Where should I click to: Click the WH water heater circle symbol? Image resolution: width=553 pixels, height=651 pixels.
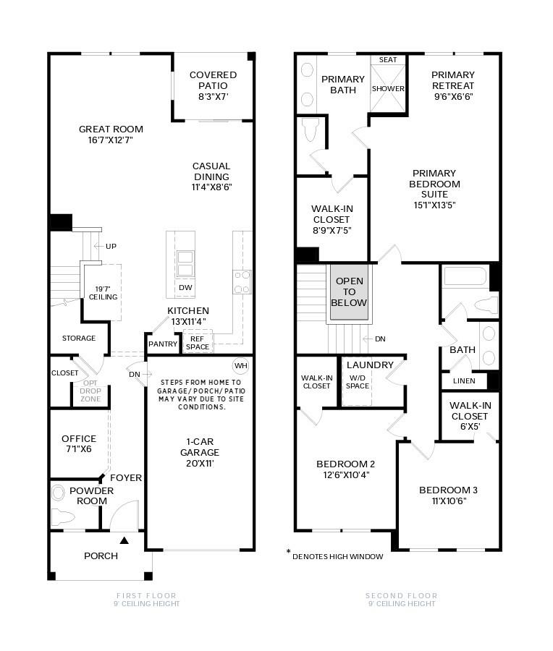240,365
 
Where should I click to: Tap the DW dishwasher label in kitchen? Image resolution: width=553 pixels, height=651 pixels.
185,288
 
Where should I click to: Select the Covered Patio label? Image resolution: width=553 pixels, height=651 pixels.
213,80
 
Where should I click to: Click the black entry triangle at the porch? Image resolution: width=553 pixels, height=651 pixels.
124,540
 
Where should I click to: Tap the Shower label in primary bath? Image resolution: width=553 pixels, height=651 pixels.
388,89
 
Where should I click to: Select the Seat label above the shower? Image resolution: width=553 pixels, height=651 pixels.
388,60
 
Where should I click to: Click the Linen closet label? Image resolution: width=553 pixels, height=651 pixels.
464,380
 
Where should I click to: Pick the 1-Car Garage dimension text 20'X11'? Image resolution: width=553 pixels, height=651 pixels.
200,463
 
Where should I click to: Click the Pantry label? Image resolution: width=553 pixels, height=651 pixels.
163,344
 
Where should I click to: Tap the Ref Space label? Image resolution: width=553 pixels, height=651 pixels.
197,342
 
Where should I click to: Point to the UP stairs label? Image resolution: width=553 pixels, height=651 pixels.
111,247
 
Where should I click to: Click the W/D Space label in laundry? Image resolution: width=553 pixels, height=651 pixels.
358,381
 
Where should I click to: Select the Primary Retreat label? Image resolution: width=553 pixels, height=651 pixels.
453,85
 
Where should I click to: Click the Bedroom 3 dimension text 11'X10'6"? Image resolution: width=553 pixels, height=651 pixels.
448,501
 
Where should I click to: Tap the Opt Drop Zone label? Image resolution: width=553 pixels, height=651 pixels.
90,391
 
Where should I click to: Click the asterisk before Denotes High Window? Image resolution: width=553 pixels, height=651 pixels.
288,552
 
